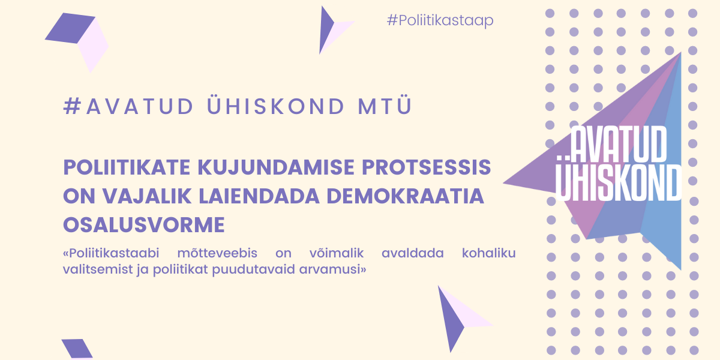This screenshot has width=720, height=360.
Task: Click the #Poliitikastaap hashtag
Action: [x=440, y=20]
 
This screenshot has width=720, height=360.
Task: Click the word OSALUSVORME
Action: [x=144, y=224]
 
